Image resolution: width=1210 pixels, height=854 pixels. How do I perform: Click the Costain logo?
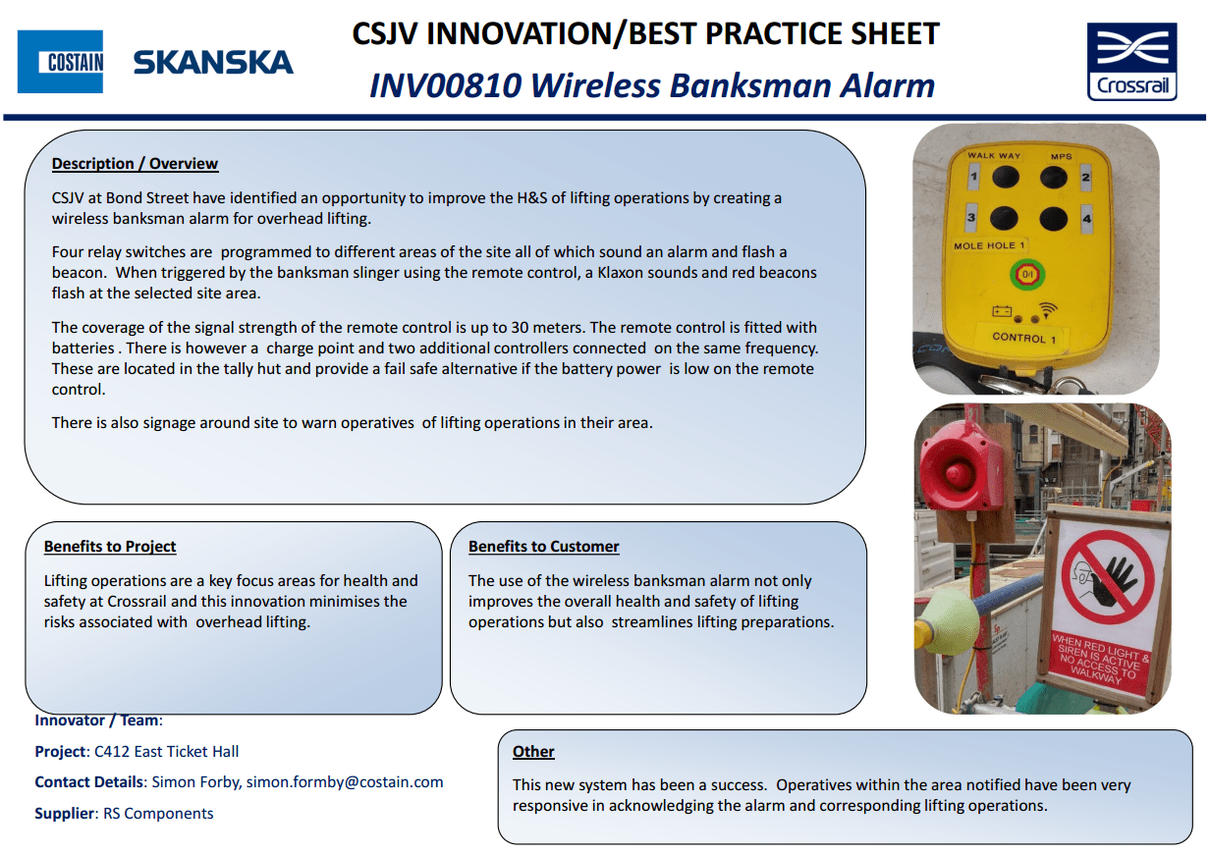pyautogui.click(x=60, y=62)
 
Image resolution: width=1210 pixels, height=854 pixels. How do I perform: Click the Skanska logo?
pyautogui.click(x=213, y=63)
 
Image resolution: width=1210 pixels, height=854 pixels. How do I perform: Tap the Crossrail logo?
pyautogui.click(x=1131, y=61)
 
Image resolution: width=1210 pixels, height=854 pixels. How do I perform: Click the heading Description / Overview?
pyautogui.click(x=135, y=164)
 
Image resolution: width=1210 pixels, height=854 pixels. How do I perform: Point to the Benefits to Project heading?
pyautogui.click(x=110, y=547)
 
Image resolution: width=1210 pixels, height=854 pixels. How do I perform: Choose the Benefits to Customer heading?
pyautogui.click(x=543, y=547)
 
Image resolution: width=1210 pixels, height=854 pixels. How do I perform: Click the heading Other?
pyautogui.click(x=533, y=752)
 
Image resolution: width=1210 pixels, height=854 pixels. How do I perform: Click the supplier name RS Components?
pyautogui.click(x=158, y=814)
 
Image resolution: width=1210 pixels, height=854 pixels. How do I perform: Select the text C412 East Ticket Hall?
pyautogui.click(x=166, y=752)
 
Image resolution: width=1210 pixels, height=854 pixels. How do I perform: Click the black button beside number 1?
pyautogui.click(x=1005, y=177)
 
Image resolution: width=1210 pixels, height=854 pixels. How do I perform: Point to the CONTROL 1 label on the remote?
pyautogui.click(x=1024, y=338)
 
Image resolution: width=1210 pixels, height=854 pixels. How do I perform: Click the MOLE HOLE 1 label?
pyautogui.click(x=989, y=245)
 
